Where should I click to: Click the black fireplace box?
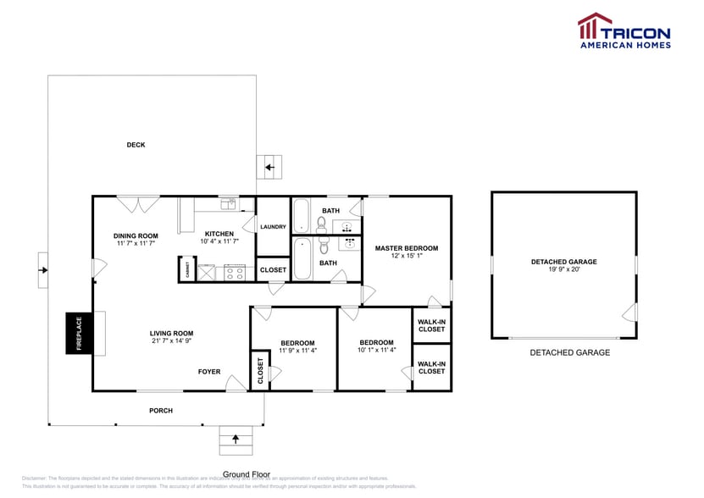(80, 333)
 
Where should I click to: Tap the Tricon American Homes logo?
(624, 30)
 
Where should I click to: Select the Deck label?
(136, 145)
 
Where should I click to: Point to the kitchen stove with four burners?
(235, 272)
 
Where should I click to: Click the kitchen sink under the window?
(227, 203)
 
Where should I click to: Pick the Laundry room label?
(273, 227)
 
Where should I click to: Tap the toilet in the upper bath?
(322, 224)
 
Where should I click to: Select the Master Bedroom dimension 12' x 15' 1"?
(407, 257)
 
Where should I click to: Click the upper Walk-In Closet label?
(431, 325)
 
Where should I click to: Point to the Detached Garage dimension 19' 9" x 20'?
(563, 270)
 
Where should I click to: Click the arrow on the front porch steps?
(236, 438)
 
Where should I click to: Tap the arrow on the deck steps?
(270, 168)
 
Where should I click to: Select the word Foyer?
(209, 372)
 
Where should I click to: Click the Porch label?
(161, 411)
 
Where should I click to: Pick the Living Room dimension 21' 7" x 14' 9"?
(172, 342)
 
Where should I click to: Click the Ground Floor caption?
(247, 474)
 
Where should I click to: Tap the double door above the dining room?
(137, 204)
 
